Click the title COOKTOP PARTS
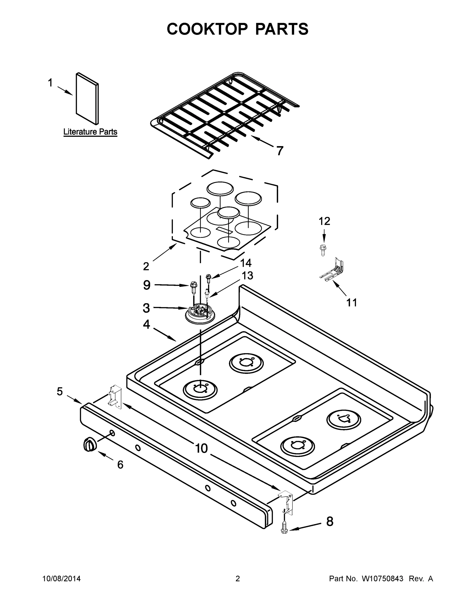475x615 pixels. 238,29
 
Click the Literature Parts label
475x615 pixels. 90,132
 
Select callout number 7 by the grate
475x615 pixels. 279,151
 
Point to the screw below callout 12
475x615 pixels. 323,250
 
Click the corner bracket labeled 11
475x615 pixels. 333,270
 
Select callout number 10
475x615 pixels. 201,448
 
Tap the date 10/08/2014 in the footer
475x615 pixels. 62,579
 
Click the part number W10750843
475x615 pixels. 382,579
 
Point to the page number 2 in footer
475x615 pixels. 238,579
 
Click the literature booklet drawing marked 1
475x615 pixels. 87,99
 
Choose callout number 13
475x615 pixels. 248,275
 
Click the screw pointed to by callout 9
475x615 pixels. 194,287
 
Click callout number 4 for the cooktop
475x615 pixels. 146,324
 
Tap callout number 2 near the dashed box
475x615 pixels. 146,266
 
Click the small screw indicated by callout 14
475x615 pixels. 208,278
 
